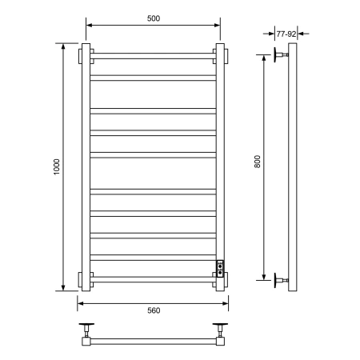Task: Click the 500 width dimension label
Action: (152, 18)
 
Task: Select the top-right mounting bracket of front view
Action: (218, 58)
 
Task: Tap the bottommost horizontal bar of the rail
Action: (152, 278)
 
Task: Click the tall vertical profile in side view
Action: (294, 168)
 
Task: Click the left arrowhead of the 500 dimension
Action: (87, 26)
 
